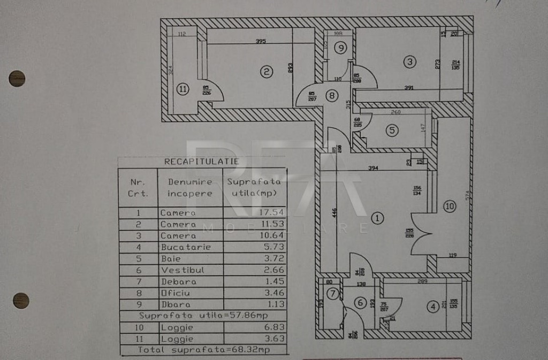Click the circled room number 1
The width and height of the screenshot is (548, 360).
(x=378, y=218)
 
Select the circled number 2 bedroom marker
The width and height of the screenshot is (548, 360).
(x=266, y=71)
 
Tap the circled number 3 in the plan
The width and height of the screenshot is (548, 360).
(x=409, y=62)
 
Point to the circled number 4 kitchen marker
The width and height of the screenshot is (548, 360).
(x=432, y=307)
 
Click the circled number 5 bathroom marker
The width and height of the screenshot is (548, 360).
(x=392, y=130)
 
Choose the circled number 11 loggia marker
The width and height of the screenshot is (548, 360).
(x=183, y=89)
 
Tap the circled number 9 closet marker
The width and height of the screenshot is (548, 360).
(x=340, y=48)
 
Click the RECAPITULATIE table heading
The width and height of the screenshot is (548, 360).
(x=202, y=162)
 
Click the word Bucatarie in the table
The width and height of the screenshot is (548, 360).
(x=186, y=247)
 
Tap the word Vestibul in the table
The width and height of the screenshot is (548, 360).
(x=182, y=270)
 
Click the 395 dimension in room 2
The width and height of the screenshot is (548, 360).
(x=261, y=41)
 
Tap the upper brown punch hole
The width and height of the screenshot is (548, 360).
(x=17, y=79)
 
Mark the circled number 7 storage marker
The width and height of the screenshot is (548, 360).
(x=333, y=294)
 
